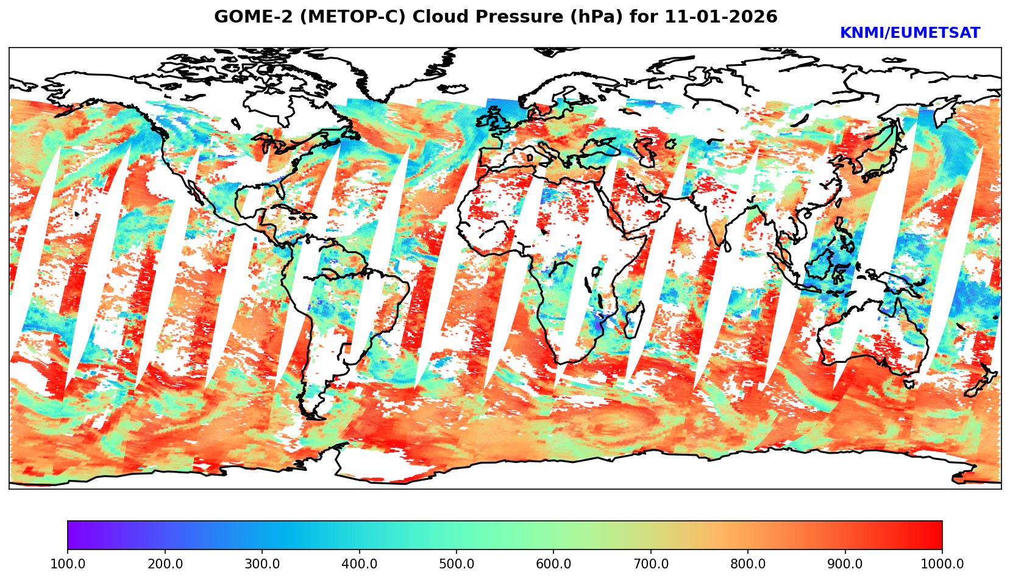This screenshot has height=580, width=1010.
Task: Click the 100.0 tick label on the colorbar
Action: (68, 564)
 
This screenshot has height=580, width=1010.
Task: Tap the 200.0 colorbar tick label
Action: (165, 564)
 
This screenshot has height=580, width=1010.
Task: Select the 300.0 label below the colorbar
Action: (262, 564)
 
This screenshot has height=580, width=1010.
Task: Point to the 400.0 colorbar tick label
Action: (359, 564)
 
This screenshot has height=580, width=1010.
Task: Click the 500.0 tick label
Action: (457, 564)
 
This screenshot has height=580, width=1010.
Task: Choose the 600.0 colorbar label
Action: (553, 564)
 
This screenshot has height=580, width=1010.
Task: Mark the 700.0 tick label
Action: (651, 564)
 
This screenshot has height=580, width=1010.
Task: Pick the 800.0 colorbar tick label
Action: (748, 564)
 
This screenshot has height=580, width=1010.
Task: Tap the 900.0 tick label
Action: (845, 564)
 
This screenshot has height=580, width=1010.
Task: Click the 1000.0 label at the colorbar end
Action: (942, 564)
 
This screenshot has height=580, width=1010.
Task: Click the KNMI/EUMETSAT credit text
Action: (909, 34)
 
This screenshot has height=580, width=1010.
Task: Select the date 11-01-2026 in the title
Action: (721, 17)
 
